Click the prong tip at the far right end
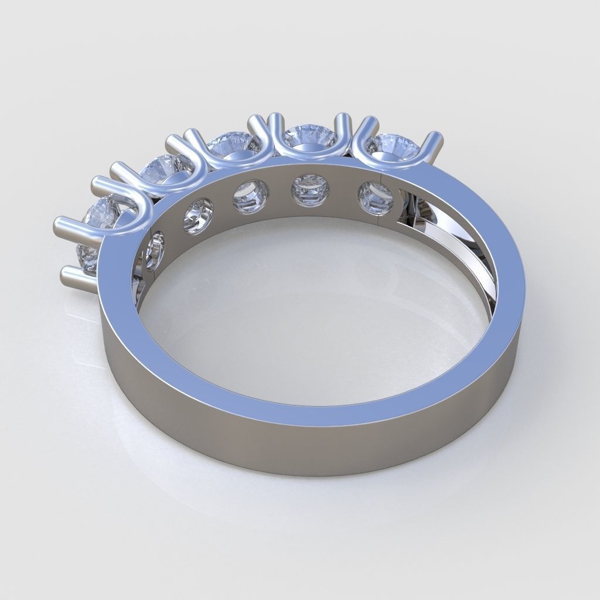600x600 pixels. (436, 141)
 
